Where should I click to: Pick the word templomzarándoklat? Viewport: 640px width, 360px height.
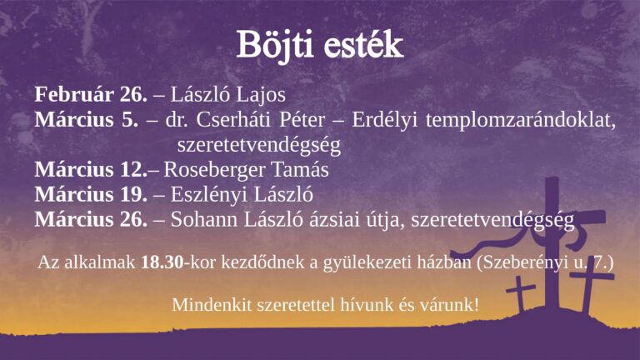(x=520, y=120)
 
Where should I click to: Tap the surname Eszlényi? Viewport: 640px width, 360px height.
(x=206, y=195)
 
